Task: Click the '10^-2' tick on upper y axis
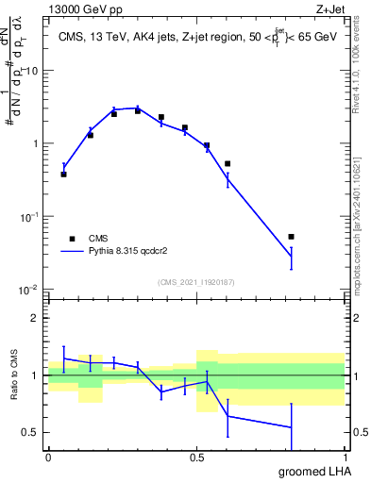[28, 289]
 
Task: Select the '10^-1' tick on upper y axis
[28, 216]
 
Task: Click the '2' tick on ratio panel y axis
[36, 318]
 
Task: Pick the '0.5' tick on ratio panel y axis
[32, 432]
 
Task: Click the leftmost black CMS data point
[63, 175]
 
